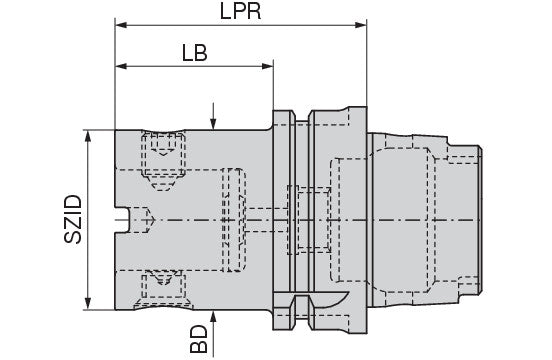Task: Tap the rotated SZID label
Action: pos(71,217)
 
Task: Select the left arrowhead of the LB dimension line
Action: pos(121,67)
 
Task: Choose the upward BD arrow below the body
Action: pos(214,317)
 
